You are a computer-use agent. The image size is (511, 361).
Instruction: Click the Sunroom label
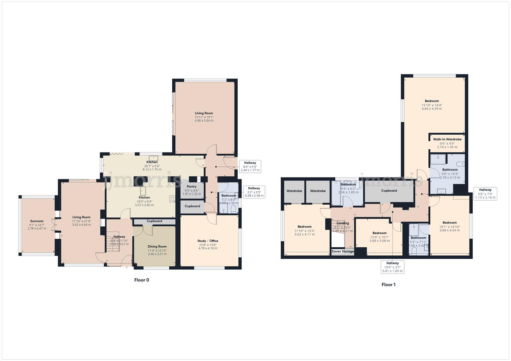coord(37,221)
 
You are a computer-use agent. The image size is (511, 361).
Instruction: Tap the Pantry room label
coord(191,187)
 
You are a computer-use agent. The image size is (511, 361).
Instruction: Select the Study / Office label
coord(207,241)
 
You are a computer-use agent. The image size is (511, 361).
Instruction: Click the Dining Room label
coord(157,246)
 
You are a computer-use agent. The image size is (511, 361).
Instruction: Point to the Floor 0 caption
coord(142,280)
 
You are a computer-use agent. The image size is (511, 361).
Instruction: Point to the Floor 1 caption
coord(388,285)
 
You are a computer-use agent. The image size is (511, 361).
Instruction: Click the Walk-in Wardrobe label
coord(447,139)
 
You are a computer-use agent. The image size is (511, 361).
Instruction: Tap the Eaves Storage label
coord(343,251)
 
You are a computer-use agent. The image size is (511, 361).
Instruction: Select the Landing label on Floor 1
coord(343,223)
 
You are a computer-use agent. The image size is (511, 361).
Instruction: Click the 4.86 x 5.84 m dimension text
coord(204,121)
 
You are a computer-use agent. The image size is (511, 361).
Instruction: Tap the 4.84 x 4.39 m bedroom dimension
coord(432,109)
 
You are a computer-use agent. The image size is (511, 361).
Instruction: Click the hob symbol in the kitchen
coord(172,199)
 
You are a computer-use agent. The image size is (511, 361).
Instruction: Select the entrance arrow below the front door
coord(126,267)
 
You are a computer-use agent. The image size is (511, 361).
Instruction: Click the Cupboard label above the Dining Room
coord(154,221)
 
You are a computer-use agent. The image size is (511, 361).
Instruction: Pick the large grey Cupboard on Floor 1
coord(389,191)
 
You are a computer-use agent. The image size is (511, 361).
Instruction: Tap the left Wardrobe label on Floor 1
coord(294,191)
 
